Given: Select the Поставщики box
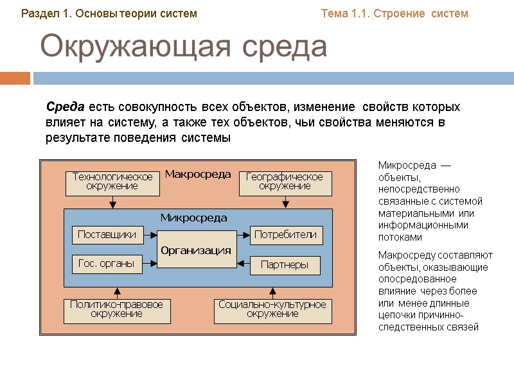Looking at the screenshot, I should (107, 235).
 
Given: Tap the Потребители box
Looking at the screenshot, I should (286, 235).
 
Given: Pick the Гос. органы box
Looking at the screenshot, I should (107, 264).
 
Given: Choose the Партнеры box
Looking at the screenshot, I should (284, 265).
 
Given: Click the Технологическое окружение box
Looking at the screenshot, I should (112, 182).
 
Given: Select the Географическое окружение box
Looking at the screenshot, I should (285, 182).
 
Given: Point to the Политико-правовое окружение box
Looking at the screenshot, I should (116, 310).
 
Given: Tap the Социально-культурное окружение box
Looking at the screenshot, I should (272, 310).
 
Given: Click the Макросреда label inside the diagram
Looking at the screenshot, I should (198, 174).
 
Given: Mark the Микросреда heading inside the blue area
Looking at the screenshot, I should (193, 218).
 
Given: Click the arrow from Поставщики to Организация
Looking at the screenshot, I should (151, 235).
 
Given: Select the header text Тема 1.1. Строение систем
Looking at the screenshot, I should (394, 13).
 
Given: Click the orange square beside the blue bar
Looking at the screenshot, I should (15, 78).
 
